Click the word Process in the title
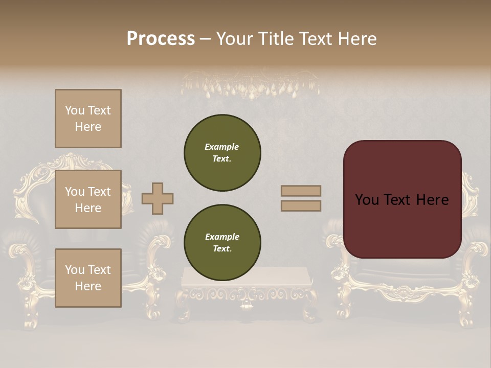coord(161,39)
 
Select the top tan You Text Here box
coord(88,119)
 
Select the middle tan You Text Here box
coord(88,199)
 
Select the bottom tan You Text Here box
coord(88,278)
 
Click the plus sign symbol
coord(158,198)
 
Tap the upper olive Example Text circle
coord(222,153)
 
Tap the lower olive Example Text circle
coord(222,243)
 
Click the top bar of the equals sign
coord(301,191)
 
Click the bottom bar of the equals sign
coord(301,205)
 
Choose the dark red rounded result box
coord(402,199)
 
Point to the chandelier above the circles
coord(251,84)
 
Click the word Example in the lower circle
coord(222,237)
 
